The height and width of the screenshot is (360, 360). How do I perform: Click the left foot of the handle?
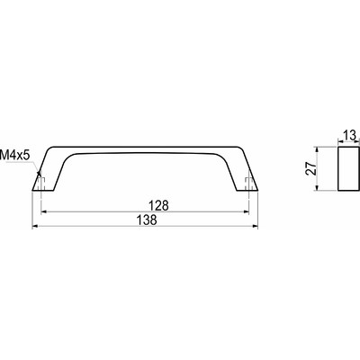pos(42,183)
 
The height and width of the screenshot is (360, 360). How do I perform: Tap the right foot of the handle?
pos(249,183)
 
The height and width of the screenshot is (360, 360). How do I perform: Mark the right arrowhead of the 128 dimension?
pos(246,212)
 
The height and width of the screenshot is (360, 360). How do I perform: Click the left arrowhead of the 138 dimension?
pos(36,227)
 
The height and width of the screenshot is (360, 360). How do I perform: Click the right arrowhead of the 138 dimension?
pos(255,227)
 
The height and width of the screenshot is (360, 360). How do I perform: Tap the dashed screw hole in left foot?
pos(41,184)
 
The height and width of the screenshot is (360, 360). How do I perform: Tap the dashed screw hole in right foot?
pos(249,184)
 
